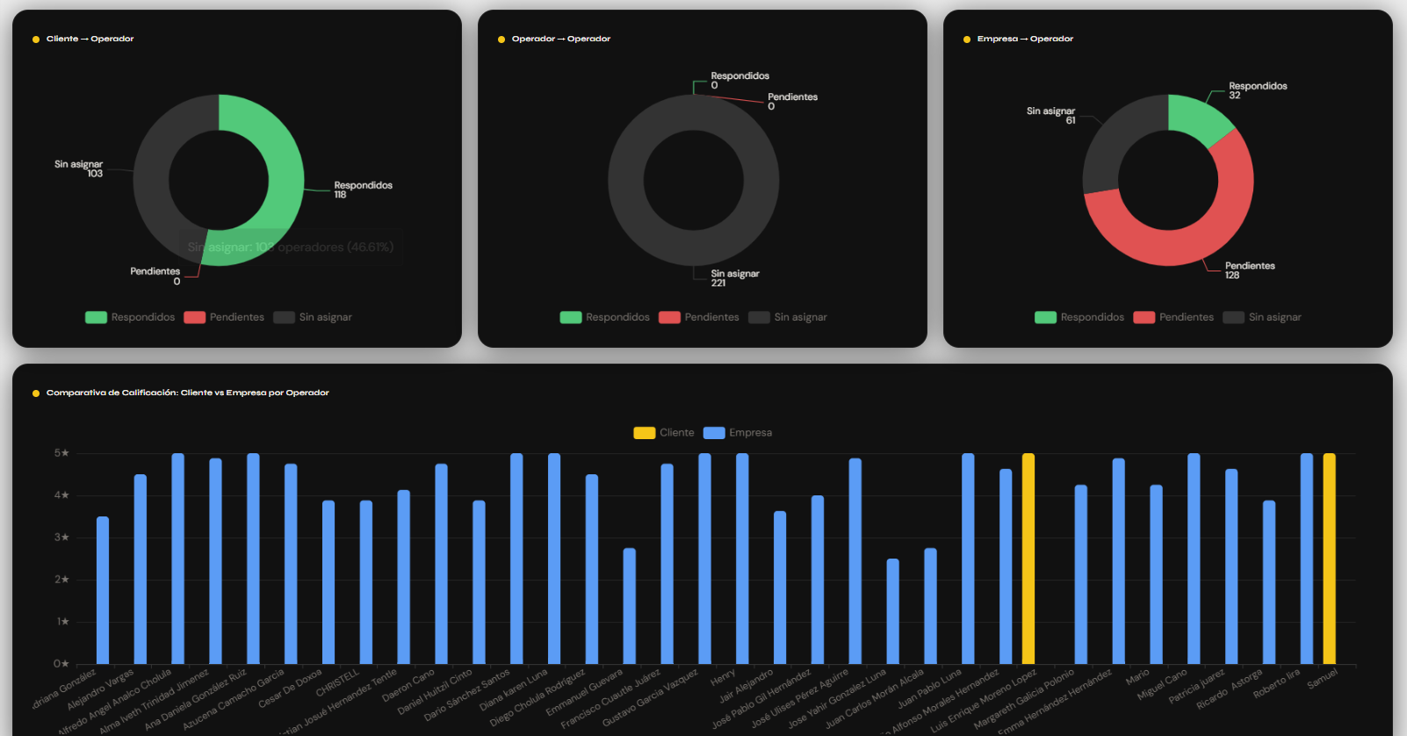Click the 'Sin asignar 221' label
point(734,278)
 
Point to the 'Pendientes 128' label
point(1249,271)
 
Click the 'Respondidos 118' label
point(363,190)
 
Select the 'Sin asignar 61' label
point(1051,115)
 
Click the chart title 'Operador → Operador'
point(560,39)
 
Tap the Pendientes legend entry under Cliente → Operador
point(224,317)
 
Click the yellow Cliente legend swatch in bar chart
point(644,433)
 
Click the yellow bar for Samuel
point(1329,559)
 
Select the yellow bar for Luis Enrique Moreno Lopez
point(1028,559)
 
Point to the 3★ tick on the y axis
point(61,538)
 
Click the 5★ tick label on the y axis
point(61,453)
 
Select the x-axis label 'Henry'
point(723,677)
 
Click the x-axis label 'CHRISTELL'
point(339,682)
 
